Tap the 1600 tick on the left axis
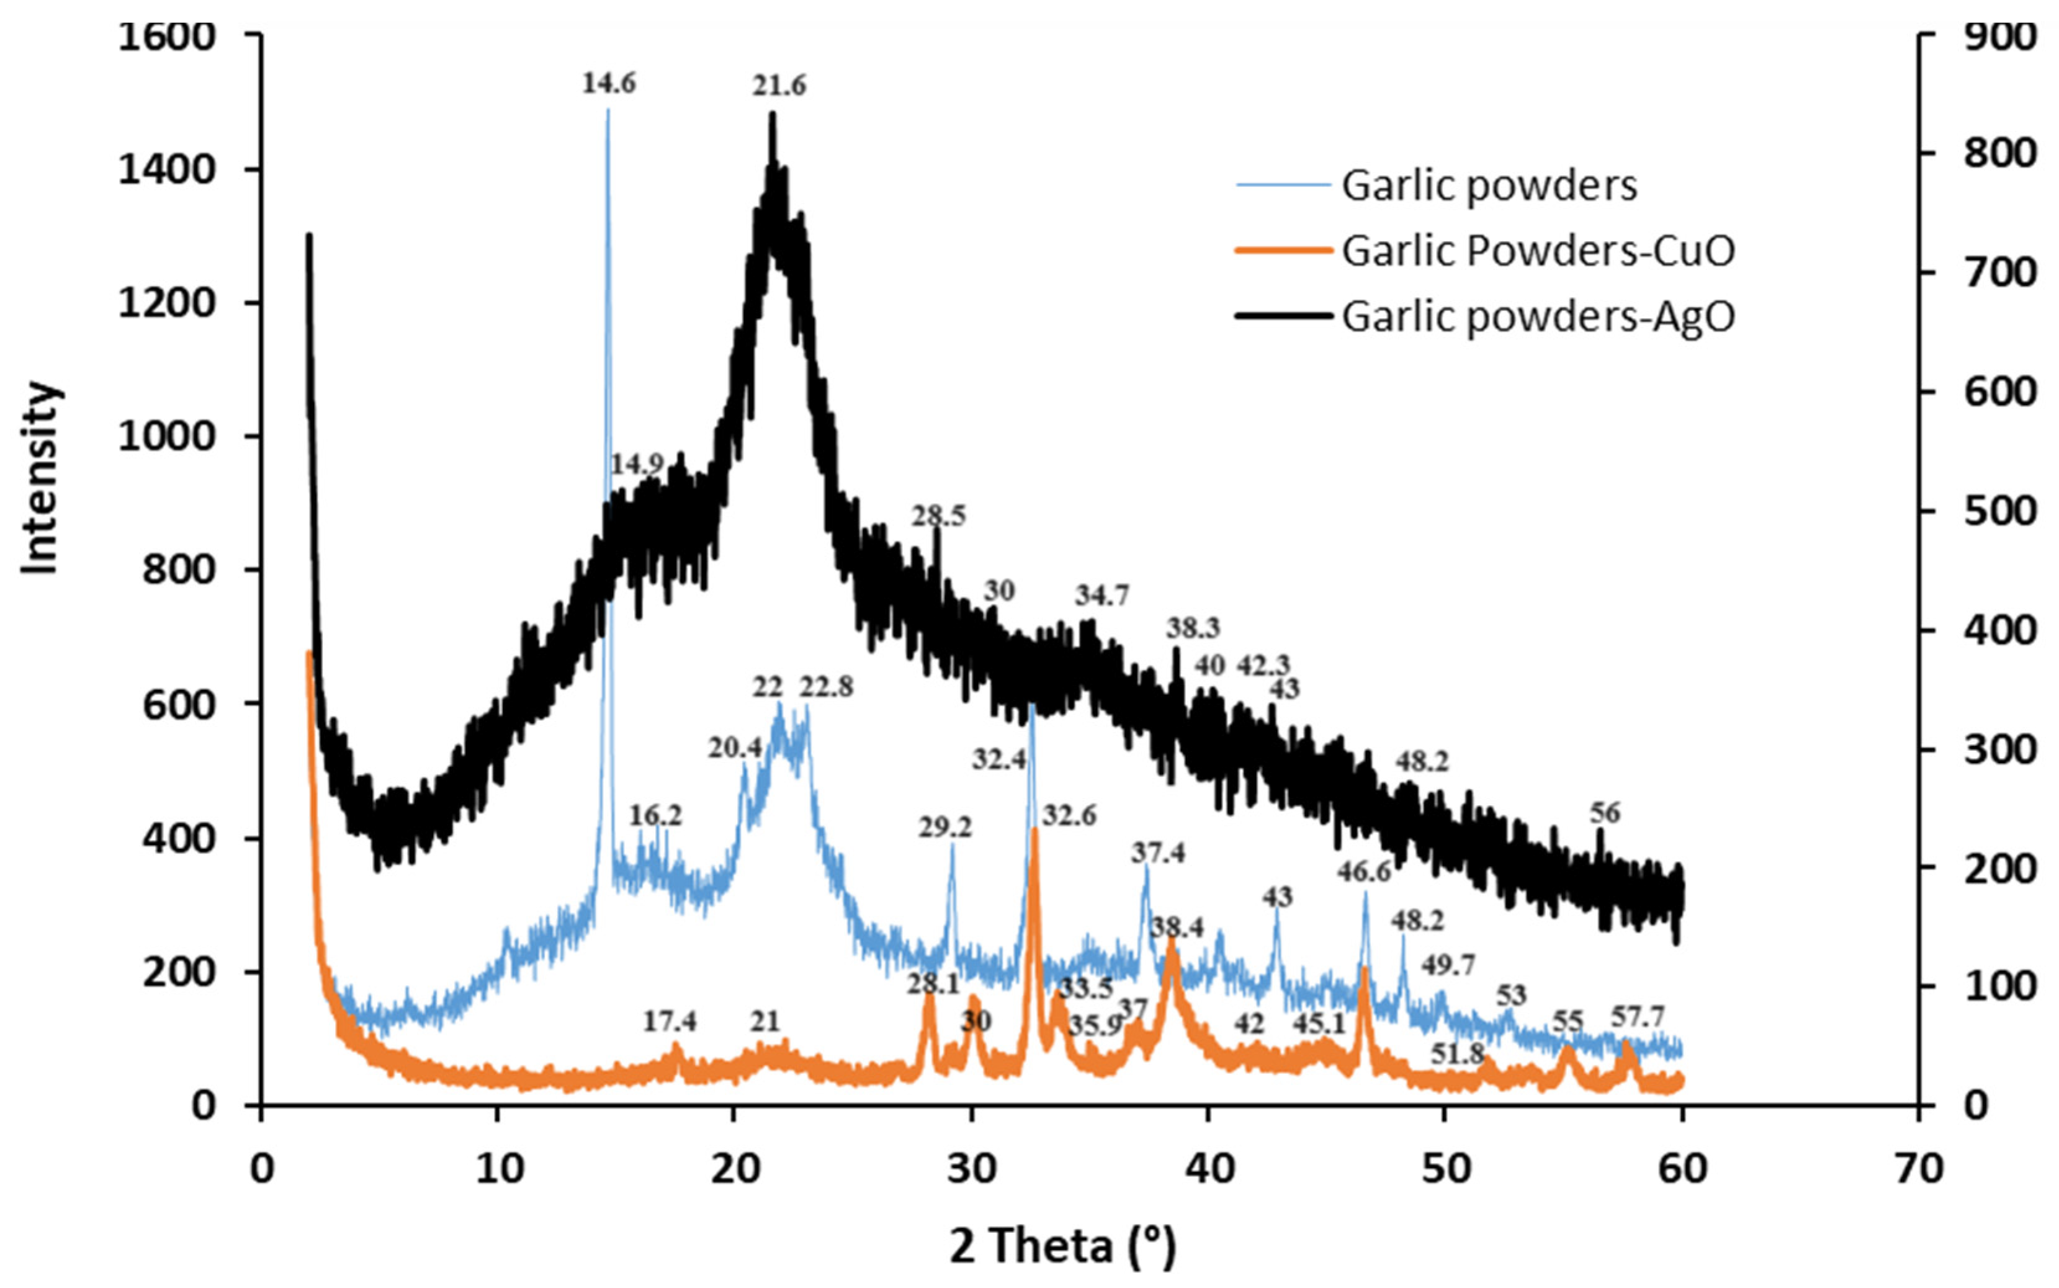[167, 36]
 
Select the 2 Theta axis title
[1062, 1246]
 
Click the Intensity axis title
[40, 478]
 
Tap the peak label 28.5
[938, 516]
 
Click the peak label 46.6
[1364, 872]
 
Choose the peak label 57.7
[1637, 1016]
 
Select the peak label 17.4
[669, 1021]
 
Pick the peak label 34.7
[1101, 596]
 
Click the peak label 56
[1605, 813]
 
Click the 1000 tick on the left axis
[167, 436]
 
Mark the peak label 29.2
[944, 827]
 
